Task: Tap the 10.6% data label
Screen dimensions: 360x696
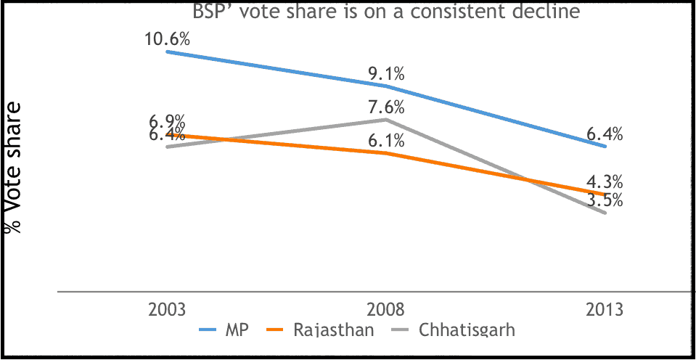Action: tap(168, 38)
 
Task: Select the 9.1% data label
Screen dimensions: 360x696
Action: tap(386, 73)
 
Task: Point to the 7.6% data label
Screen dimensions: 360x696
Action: tap(386, 107)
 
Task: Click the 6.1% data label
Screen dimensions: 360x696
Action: tap(386, 141)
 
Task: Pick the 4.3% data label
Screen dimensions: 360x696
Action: tap(605, 181)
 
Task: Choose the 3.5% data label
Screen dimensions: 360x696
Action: tap(605, 199)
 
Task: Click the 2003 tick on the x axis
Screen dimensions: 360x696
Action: tap(168, 309)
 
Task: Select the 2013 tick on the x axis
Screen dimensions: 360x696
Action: tap(605, 309)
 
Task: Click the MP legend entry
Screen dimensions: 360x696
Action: tap(224, 330)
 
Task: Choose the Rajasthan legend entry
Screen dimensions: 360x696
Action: tap(324, 330)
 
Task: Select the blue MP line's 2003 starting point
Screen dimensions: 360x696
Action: tap(168, 52)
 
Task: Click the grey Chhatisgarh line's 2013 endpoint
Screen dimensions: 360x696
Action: tap(605, 213)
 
